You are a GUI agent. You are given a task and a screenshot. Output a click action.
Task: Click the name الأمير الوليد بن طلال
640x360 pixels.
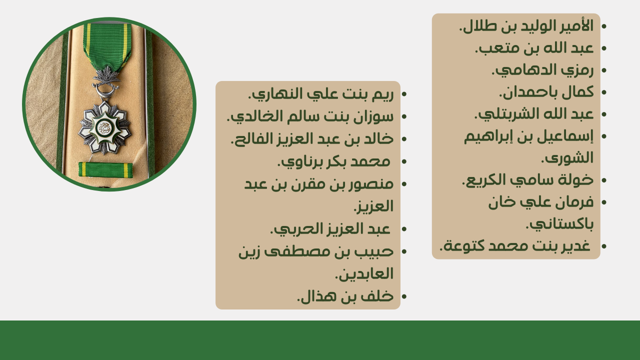(x=526, y=26)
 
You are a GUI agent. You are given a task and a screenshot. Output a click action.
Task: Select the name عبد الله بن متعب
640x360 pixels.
(x=534, y=48)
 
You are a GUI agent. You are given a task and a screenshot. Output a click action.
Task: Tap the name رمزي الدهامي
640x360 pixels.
(x=542, y=70)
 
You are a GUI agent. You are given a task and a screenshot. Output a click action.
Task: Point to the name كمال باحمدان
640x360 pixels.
(x=546, y=92)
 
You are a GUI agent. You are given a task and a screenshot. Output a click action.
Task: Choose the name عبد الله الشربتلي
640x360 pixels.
(x=534, y=114)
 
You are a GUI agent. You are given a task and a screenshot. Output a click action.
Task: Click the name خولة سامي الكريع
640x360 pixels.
(x=527, y=180)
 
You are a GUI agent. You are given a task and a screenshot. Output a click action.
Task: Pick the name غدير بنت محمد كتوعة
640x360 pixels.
(x=515, y=246)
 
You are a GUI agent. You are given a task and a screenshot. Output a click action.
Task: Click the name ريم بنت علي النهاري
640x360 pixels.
(x=320, y=94)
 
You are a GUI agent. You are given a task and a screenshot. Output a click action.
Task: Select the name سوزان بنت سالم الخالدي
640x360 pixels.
(x=310, y=116)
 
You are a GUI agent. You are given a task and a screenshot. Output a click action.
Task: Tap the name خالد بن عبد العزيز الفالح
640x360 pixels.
(x=312, y=139)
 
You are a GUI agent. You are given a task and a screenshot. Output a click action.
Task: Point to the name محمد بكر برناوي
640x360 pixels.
(x=333, y=161)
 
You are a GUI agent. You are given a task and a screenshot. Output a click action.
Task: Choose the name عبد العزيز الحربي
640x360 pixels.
(x=330, y=229)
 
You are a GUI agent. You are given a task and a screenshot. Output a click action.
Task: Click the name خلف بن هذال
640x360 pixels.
(x=345, y=296)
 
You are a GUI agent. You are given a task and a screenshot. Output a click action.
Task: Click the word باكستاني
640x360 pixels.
(x=559, y=224)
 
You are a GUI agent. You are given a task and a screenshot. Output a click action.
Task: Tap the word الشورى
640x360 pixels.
(x=567, y=158)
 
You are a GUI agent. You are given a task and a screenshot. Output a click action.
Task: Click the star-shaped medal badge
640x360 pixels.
(x=104, y=127)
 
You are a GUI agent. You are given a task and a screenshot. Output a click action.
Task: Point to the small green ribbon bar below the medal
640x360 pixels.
(x=105, y=169)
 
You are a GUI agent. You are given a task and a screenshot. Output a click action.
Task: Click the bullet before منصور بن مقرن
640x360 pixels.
(x=404, y=184)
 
